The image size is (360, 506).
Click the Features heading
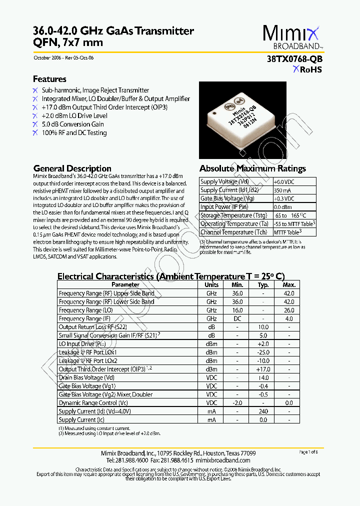(x=49, y=79)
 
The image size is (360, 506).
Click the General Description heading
(x=72, y=168)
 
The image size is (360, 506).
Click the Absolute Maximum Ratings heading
(x=252, y=168)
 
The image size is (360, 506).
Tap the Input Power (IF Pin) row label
(x=224, y=207)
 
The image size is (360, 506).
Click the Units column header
(x=211, y=284)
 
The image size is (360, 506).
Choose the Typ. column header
(x=263, y=284)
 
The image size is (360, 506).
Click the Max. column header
(x=289, y=284)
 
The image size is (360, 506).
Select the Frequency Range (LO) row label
(x=80, y=310)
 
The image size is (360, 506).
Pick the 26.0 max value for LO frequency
(x=289, y=310)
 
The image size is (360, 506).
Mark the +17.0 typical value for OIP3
(x=263, y=369)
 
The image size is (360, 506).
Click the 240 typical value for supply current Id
(x=263, y=411)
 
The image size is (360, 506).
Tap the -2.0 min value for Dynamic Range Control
(x=237, y=403)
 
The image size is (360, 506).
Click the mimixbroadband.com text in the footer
(x=222, y=460)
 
